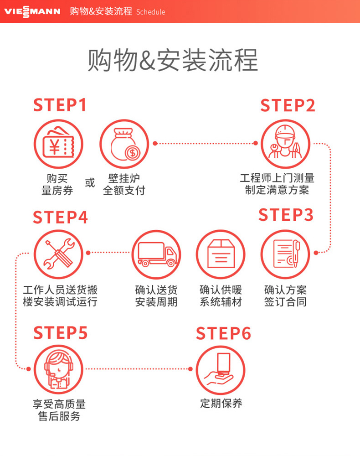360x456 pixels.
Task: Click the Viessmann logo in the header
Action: [x=32, y=11]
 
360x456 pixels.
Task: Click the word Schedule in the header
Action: [x=151, y=12]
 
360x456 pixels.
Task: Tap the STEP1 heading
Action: [x=60, y=105]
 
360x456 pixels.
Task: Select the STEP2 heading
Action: [x=288, y=105]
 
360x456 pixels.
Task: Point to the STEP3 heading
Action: [x=286, y=215]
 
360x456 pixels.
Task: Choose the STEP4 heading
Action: [x=60, y=218]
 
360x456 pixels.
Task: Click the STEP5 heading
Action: [x=60, y=333]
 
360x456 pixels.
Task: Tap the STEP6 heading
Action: [x=223, y=333]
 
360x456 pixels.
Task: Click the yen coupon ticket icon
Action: [x=58, y=144]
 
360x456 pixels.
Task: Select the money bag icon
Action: [x=124, y=144]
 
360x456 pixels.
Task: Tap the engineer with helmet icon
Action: [x=285, y=144]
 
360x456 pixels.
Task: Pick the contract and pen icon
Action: [x=285, y=254]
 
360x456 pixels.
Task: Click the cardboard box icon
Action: [x=221, y=254]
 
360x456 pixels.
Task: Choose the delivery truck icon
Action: [x=156, y=254]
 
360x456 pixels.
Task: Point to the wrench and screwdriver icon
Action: [x=58, y=254]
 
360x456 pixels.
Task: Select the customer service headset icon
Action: [x=58, y=369]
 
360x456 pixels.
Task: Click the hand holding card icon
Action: [x=221, y=369]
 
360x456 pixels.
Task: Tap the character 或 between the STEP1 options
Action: [x=90, y=183]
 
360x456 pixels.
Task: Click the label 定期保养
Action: [x=221, y=404]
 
